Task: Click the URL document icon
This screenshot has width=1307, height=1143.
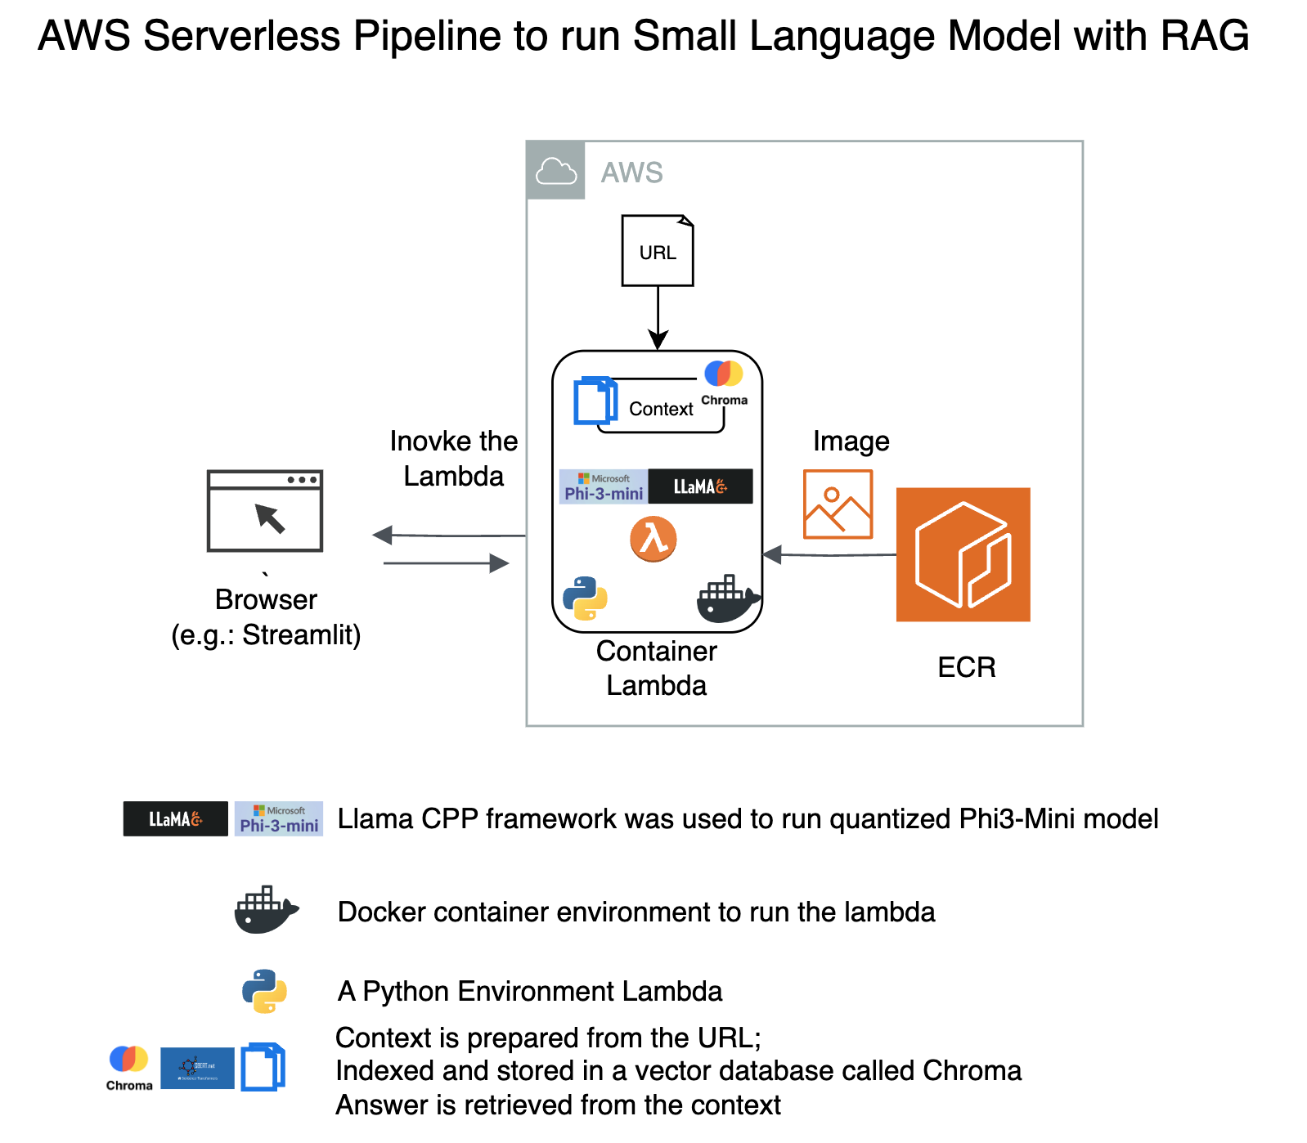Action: tap(658, 251)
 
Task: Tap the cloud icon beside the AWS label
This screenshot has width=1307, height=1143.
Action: tap(556, 171)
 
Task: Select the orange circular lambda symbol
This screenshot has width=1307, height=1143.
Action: tap(653, 539)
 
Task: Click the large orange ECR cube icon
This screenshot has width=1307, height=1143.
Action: tap(963, 554)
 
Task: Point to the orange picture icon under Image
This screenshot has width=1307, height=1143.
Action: tap(838, 504)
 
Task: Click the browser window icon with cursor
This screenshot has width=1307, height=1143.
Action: tap(265, 511)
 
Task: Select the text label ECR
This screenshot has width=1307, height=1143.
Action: tap(966, 667)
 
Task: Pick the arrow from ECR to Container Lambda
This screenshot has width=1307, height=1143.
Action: tap(829, 555)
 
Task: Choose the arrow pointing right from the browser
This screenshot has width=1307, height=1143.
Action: tap(446, 563)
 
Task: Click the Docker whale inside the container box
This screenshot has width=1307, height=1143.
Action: tap(727, 599)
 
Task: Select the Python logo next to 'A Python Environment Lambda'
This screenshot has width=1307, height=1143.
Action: tap(264, 991)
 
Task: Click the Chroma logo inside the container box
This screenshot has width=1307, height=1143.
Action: tap(724, 382)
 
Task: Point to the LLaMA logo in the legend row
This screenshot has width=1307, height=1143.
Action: tap(175, 818)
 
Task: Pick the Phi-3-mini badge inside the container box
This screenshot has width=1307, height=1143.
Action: tap(604, 486)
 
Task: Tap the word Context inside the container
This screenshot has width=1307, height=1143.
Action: tap(661, 409)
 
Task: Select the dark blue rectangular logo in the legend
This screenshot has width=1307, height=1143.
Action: tap(197, 1068)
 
